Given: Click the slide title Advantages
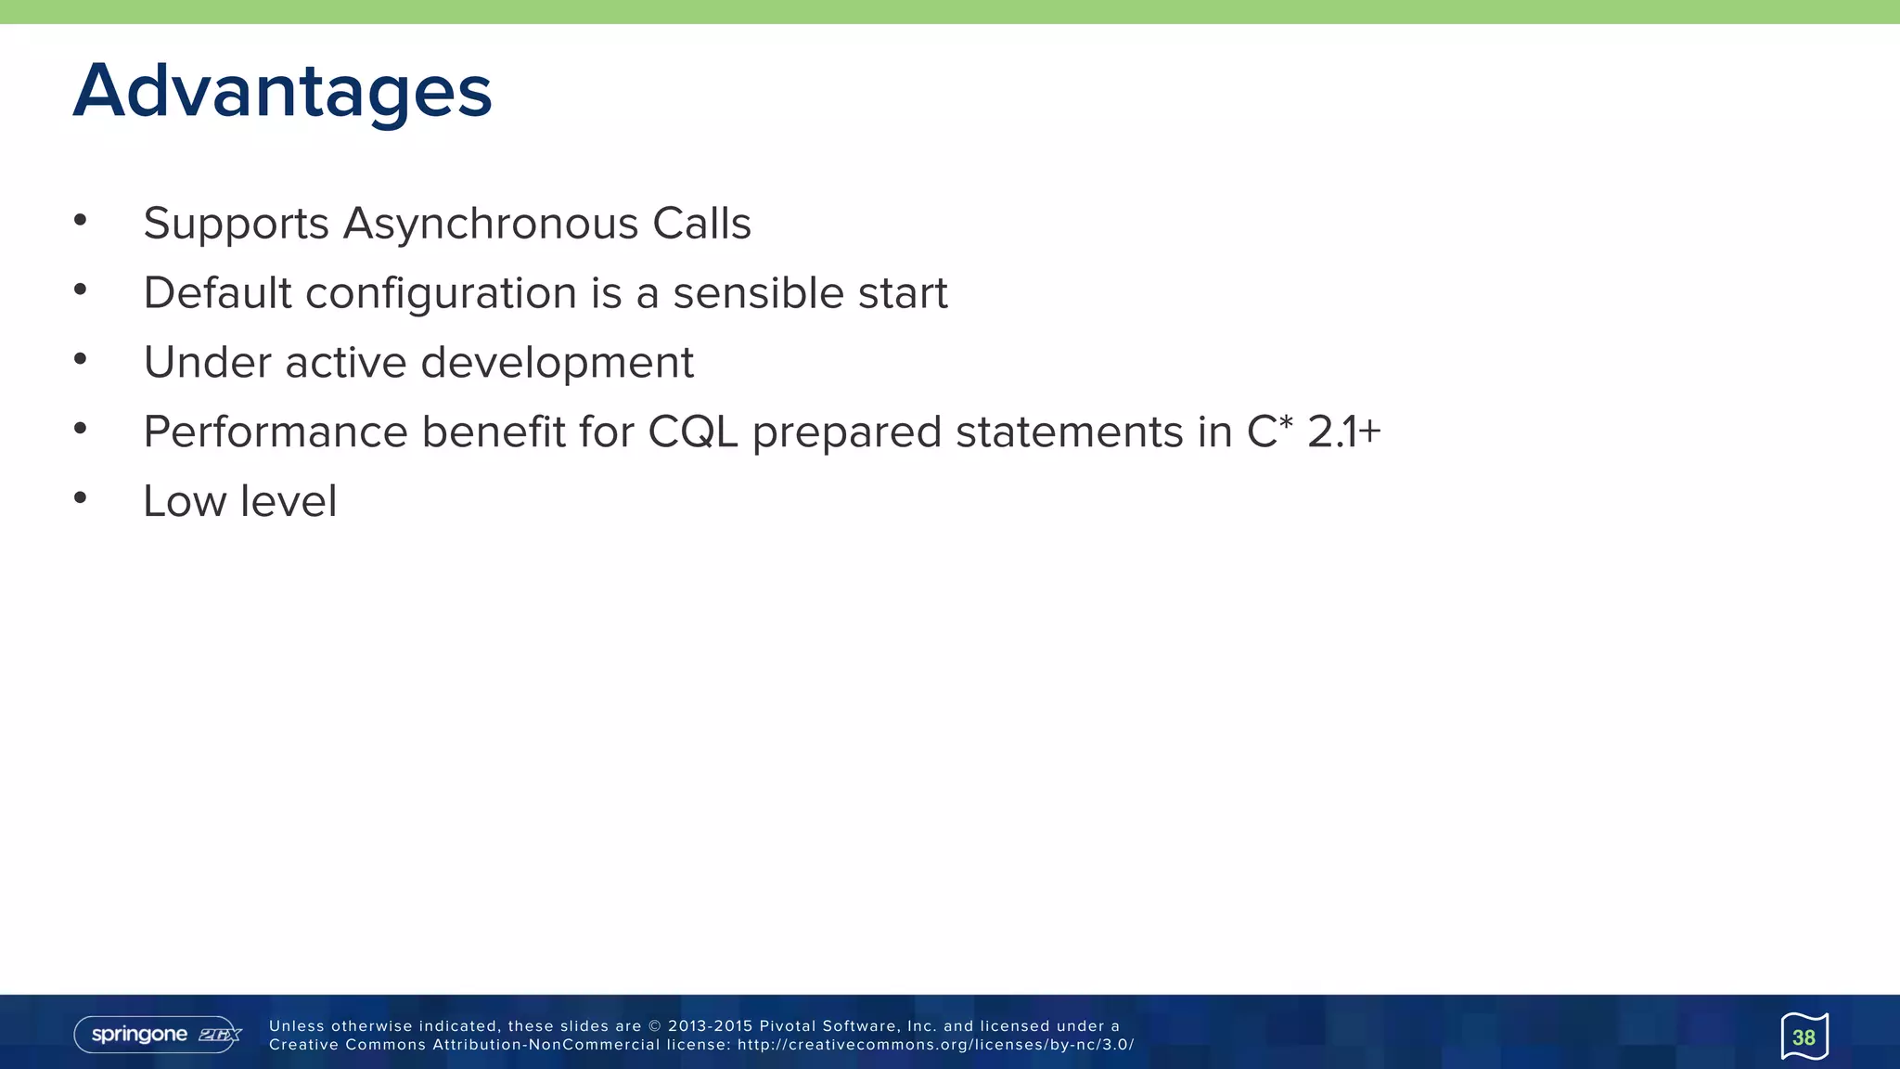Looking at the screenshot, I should pos(282,91).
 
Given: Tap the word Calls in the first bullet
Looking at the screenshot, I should pos(701,224).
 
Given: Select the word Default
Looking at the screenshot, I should pos(218,293).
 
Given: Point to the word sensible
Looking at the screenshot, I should pos(758,293).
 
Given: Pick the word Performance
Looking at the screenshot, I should pos(276,432).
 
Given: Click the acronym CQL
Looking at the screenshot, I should pos(692,432).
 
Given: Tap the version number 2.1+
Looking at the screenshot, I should pos(1344,432).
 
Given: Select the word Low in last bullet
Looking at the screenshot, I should pos(185,501).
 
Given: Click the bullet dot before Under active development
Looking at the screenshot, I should pos(81,359).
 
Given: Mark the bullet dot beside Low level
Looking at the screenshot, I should pos(81,498).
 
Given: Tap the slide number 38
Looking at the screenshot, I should pos(1804,1037).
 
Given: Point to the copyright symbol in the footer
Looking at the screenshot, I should pos(655,1026).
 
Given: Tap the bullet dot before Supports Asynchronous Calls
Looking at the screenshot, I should pos(81,220).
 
